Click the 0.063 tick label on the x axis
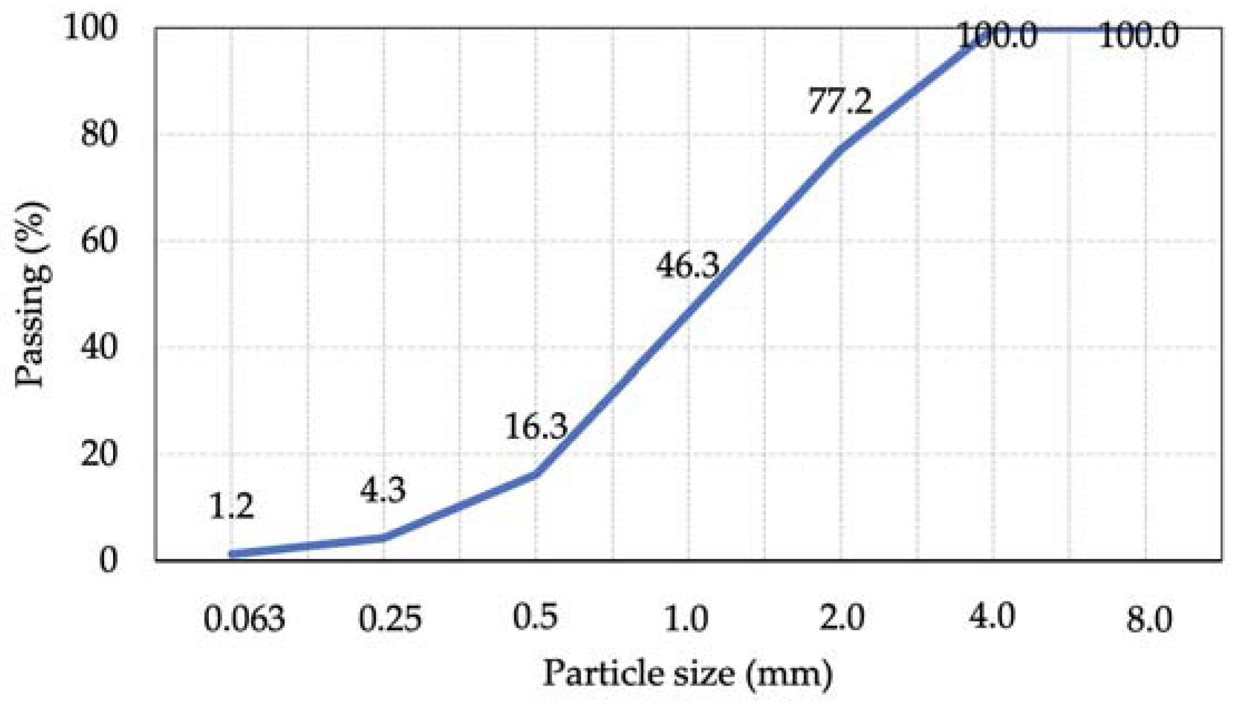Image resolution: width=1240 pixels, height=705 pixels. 244,619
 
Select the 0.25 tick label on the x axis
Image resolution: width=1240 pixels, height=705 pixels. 390,619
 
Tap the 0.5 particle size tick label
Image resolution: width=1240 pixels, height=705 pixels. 535,617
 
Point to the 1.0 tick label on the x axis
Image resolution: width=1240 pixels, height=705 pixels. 687,618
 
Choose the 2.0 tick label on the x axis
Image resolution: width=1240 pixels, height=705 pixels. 841,618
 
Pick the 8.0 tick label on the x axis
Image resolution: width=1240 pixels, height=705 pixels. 1149,619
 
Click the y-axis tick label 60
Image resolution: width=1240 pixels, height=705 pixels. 100,241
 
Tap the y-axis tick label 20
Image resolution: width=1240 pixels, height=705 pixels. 100,454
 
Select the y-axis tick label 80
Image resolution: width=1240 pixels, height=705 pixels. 100,134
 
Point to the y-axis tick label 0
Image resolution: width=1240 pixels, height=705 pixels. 109,559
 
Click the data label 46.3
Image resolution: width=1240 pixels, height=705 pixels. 688,266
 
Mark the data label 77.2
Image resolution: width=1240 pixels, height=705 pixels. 840,102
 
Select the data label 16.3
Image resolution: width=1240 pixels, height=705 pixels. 536,427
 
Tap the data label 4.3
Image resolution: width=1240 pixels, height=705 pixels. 383,491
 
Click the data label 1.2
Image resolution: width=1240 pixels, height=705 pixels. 231,507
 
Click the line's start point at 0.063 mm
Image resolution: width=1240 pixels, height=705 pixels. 232,554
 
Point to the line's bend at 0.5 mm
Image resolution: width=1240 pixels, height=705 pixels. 536,473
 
